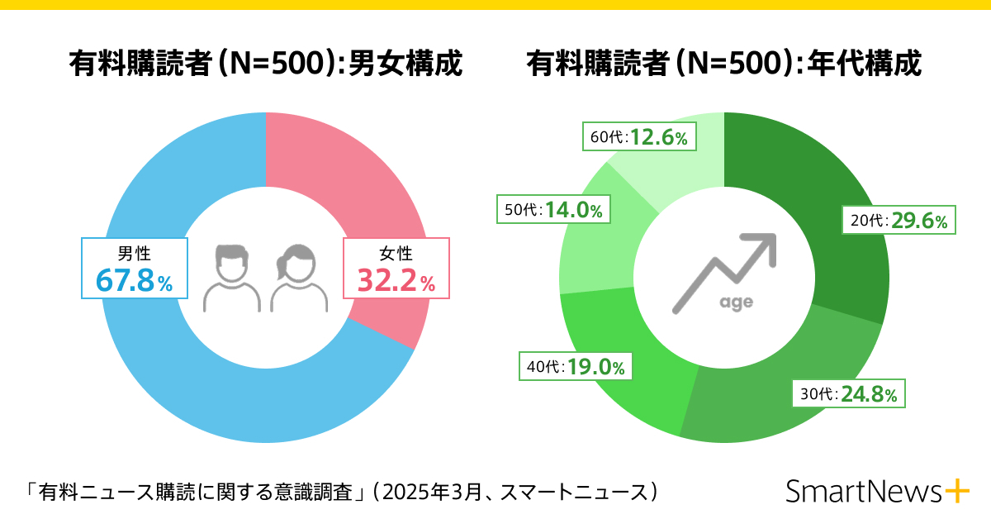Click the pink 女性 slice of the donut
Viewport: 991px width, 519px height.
tap(347, 182)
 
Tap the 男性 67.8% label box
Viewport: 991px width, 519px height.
tap(135, 268)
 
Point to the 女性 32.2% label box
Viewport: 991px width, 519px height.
tap(396, 268)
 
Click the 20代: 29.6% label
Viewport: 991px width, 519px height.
tap(899, 221)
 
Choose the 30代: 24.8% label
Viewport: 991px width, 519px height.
tap(847, 393)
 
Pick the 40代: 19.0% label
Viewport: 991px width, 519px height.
tap(575, 365)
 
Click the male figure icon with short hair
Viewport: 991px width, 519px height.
tap(231, 277)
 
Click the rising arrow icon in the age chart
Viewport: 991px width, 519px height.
tap(723, 269)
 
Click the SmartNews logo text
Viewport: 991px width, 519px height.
tap(862, 491)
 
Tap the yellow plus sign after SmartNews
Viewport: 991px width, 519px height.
tap(956, 491)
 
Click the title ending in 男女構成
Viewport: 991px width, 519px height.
tap(264, 64)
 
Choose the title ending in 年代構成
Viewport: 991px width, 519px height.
tap(723, 64)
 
